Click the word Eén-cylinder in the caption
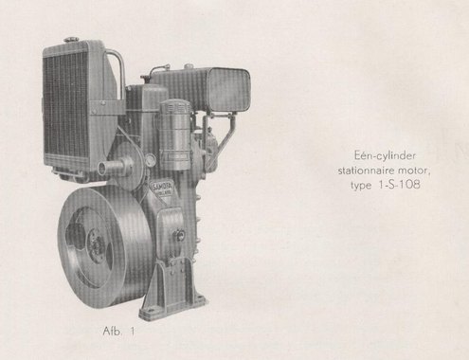coord(385,155)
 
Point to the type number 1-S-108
coord(399,185)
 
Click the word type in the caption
coord(361,186)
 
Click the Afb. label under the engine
coord(112,331)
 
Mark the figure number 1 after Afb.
coord(133,332)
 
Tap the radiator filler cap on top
coord(71,40)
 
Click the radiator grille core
coord(65,106)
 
